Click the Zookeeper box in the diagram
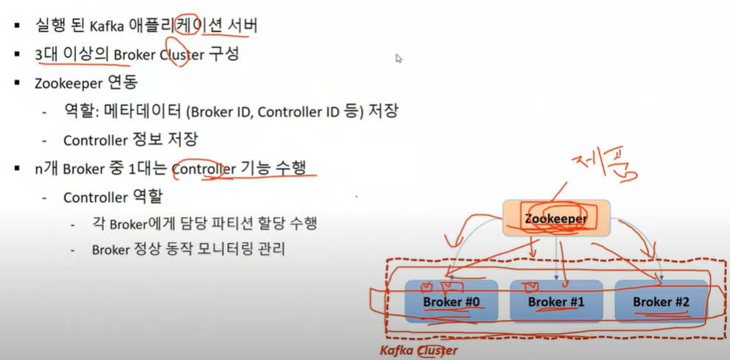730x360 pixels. coord(556,219)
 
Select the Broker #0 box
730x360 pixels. coord(451,302)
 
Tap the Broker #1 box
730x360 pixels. coord(556,302)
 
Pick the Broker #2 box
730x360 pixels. coord(661,302)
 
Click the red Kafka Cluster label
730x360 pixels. coord(418,350)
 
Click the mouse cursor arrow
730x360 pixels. coord(399,58)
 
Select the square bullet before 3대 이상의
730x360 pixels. coord(17,55)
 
